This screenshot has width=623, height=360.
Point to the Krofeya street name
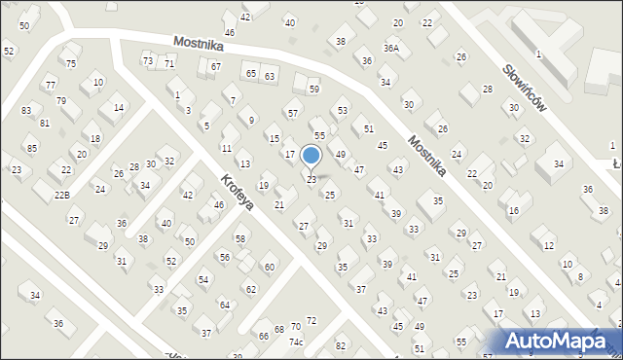click(237, 191)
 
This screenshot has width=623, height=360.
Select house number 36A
click(391, 48)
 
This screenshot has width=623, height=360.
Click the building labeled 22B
click(61, 196)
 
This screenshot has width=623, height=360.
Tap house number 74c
click(296, 342)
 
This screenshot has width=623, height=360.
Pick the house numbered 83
click(25, 111)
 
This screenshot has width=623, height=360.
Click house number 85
click(32, 148)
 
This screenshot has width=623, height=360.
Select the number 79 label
click(61, 101)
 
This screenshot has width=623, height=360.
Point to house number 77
click(50, 86)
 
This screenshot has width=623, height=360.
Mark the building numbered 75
click(71, 63)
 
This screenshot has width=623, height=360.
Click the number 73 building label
click(148, 61)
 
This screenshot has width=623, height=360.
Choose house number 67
click(215, 67)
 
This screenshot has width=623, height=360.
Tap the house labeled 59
click(313, 90)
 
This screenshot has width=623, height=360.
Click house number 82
click(340, 345)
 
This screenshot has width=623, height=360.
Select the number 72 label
click(311, 320)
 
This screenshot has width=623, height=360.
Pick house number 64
click(224, 305)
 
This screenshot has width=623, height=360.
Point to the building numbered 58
click(239, 238)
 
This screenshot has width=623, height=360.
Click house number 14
click(118, 108)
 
